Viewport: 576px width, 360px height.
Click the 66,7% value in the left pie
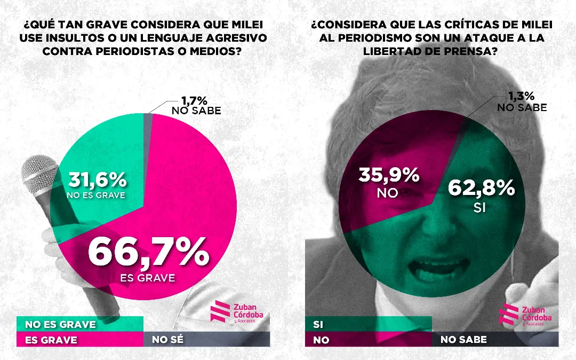click(x=148, y=252)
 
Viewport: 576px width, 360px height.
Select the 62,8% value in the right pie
click(x=481, y=189)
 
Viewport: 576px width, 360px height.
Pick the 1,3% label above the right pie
click(x=520, y=96)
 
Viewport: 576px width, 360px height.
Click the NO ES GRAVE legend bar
click(x=80, y=324)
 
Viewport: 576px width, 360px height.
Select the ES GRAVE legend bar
click(x=80, y=340)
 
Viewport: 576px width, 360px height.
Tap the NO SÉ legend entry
click(x=206, y=340)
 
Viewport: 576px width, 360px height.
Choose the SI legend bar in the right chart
click(x=368, y=324)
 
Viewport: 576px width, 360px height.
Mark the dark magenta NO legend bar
click(x=368, y=340)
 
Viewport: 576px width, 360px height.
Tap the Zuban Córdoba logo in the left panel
click(x=237, y=311)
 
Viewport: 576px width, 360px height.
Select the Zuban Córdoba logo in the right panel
click(x=525, y=314)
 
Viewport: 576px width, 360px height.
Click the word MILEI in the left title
click(x=240, y=25)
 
